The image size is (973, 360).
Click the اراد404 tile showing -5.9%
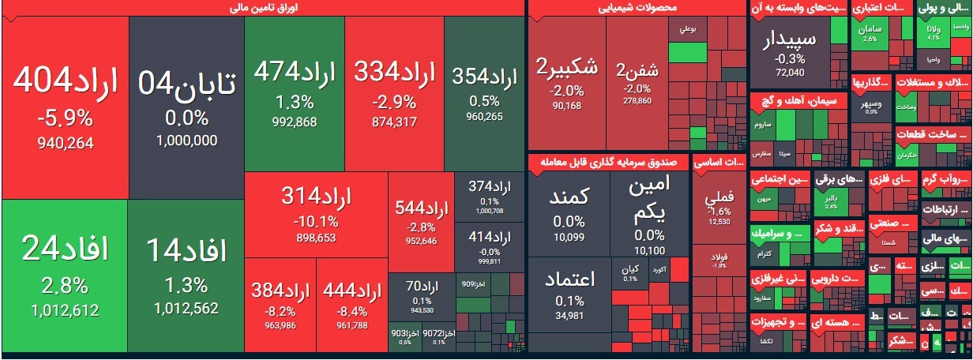[65, 107]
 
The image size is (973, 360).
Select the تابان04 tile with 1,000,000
[186, 107]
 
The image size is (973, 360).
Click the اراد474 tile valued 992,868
[295, 93]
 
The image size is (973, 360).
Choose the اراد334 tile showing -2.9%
[394, 93]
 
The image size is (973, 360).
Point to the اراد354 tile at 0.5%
[484, 93]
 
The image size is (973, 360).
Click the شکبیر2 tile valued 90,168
[567, 83]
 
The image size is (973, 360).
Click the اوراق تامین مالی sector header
[263, 9]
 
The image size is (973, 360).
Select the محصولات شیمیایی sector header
[636, 9]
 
